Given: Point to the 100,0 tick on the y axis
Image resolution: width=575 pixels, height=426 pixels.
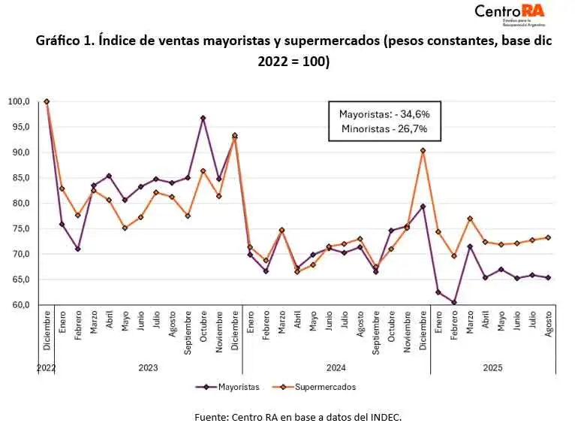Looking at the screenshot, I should tap(19, 101).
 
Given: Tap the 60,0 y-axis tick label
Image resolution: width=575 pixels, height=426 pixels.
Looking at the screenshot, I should tap(19, 305).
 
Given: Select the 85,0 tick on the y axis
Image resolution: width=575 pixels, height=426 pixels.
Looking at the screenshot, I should tap(19, 178).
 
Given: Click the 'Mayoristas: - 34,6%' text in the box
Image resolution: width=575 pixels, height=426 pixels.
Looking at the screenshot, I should tap(384, 114).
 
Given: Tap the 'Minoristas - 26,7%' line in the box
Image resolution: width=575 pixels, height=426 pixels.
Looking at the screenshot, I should tap(384, 129).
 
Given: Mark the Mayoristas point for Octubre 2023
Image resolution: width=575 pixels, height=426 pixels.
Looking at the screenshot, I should tap(203, 118).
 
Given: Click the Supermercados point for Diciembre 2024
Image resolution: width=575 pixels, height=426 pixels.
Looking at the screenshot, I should tap(423, 150).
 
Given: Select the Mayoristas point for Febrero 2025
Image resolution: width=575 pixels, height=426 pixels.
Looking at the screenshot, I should tap(454, 302).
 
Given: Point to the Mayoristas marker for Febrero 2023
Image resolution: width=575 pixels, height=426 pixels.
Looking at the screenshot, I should tap(78, 249).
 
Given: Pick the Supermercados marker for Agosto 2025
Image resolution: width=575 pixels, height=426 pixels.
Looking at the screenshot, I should tap(548, 237).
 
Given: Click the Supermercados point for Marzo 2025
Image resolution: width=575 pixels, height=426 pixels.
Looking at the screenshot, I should tap(470, 219).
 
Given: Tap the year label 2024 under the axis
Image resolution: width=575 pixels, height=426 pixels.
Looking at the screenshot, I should tap(336, 368).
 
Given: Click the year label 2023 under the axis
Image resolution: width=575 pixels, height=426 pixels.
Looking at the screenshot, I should tap(148, 368).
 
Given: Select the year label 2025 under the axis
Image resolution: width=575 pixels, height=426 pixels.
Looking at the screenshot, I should tap(492, 368).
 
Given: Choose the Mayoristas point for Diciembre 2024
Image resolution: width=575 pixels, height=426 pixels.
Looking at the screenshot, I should tap(423, 207).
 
